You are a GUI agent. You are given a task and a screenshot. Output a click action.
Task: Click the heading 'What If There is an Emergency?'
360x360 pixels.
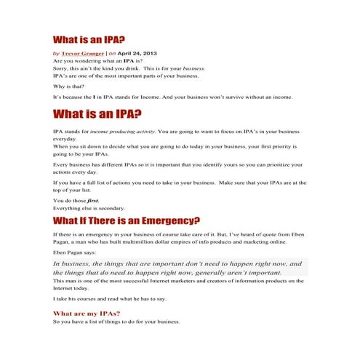[x=127, y=221]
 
